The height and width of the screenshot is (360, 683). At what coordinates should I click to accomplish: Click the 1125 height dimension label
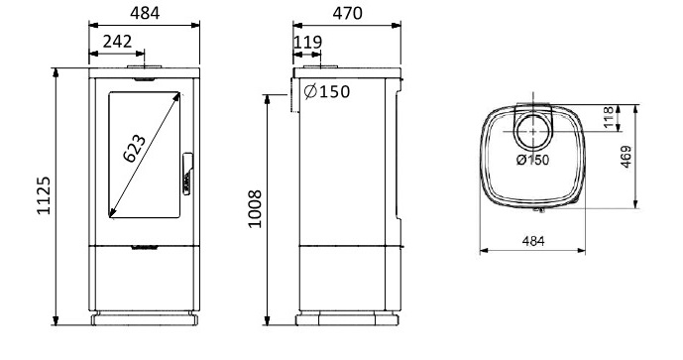coord(44,195)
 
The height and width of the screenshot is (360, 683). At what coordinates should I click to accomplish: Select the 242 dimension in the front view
coord(117,42)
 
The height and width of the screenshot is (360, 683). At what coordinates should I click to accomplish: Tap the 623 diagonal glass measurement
coord(134,149)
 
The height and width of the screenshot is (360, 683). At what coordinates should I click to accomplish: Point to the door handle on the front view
coord(187,174)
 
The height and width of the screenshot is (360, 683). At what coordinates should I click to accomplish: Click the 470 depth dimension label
coord(347,14)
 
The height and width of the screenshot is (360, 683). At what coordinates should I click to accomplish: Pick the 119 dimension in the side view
coord(308,43)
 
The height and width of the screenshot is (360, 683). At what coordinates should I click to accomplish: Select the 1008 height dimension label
coord(255,209)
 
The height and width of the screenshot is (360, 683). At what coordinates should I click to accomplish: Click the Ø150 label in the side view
coord(327,91)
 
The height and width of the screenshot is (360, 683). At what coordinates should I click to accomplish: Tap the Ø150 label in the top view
coord(532,160)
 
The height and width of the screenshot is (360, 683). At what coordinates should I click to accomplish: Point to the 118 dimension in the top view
coord(609,117)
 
